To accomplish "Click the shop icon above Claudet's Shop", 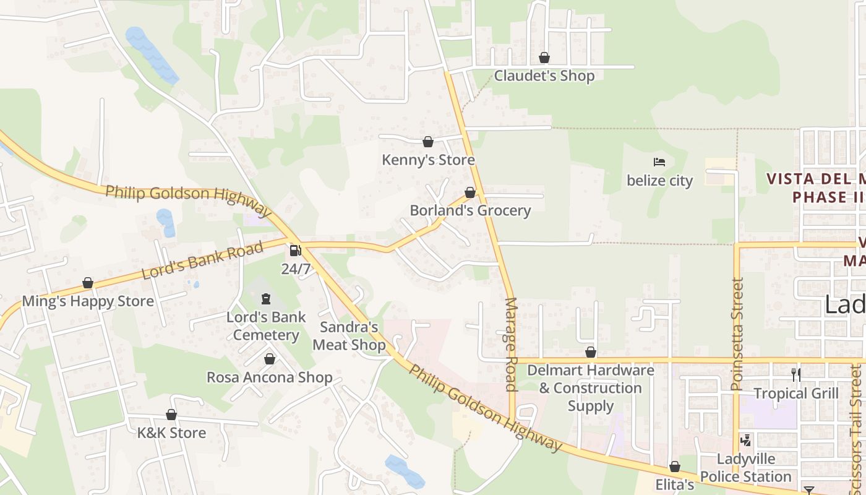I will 544,58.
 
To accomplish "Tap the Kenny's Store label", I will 428,160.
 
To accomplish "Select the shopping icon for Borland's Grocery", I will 470,192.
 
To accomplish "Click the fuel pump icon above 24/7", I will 296,251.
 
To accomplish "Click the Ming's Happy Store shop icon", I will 88,283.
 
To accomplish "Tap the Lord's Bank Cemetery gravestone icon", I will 266,299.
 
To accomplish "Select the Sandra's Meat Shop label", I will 349,336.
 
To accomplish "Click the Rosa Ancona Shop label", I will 270,377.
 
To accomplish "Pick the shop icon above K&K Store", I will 171,415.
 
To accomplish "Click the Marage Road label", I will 511,344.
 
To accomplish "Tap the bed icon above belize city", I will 659,163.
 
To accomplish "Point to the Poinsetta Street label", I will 736,334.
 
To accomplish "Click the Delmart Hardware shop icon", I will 591,353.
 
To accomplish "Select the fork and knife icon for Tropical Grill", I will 796,374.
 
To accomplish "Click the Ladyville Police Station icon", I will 746,441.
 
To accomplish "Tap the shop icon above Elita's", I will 675,467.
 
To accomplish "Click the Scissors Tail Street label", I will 856,421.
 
